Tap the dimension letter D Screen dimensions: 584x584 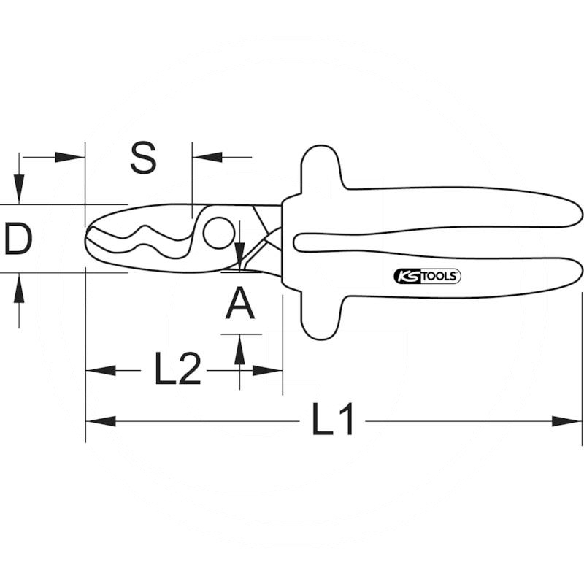tap(18, 240)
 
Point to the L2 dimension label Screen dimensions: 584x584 tap(177, 369)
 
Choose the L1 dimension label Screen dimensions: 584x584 tap(333, 420)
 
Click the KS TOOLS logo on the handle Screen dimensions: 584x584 tap(427, 276)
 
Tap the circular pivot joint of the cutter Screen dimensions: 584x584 tap(216, 233)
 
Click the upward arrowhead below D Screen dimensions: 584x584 tap(20, 287)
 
